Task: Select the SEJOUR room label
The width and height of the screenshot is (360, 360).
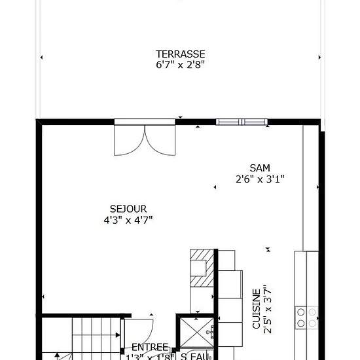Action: [128, 209]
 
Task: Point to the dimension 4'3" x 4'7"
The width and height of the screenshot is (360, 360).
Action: [128, 221]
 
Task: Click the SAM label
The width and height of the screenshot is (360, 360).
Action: [260, 168]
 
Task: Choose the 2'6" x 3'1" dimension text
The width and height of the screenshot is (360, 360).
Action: [260, 178]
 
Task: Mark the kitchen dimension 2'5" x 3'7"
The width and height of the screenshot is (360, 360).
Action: [266, 310]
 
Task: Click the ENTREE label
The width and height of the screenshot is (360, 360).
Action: [150, 347]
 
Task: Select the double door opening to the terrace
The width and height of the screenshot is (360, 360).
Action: [145, 139]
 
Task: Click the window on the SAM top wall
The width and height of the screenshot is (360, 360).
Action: [242, 122]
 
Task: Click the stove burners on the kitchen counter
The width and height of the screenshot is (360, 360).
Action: [306, 317]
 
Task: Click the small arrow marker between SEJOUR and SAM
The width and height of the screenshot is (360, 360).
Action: [215, 188]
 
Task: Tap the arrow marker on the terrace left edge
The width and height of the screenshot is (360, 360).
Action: [42, 58]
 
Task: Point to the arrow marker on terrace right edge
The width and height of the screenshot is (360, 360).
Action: [320, 58]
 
